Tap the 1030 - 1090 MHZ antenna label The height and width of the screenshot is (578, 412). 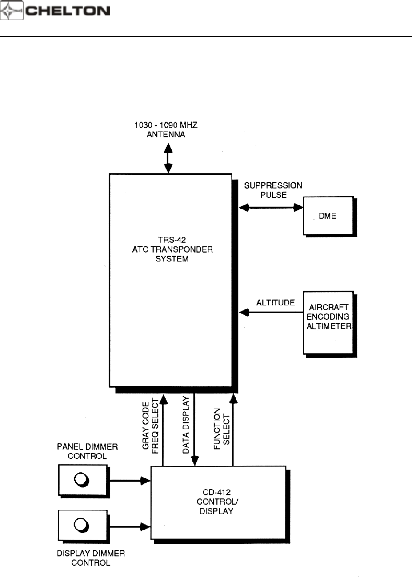[x=166, y=130]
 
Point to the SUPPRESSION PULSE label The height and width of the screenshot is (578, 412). [x=273, y=190]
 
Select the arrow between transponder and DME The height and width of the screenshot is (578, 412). [x=271, y=206]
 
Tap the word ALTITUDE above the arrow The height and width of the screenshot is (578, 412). [x=275, y=303]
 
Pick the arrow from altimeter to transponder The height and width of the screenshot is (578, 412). [x=271, y=313]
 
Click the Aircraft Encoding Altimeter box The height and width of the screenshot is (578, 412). [x=328, y=322]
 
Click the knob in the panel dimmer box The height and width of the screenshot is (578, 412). [x=82, y=480]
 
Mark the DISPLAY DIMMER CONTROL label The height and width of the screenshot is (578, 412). [x=91, y=558]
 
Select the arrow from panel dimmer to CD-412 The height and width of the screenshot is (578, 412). [x=129, y=480]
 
